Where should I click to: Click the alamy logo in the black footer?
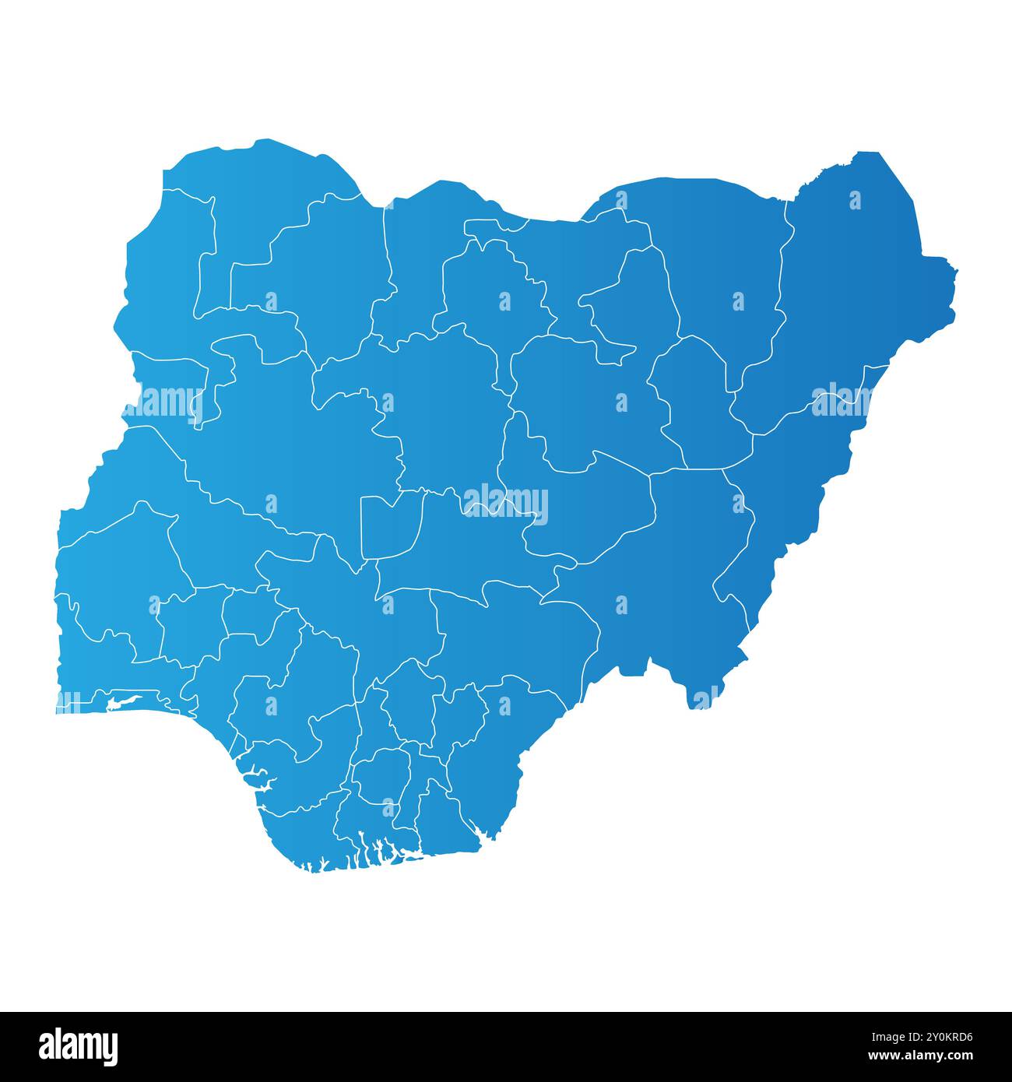click(78, 1046)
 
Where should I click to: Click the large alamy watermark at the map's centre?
click(505, 504)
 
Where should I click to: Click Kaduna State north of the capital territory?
click(436, 405)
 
